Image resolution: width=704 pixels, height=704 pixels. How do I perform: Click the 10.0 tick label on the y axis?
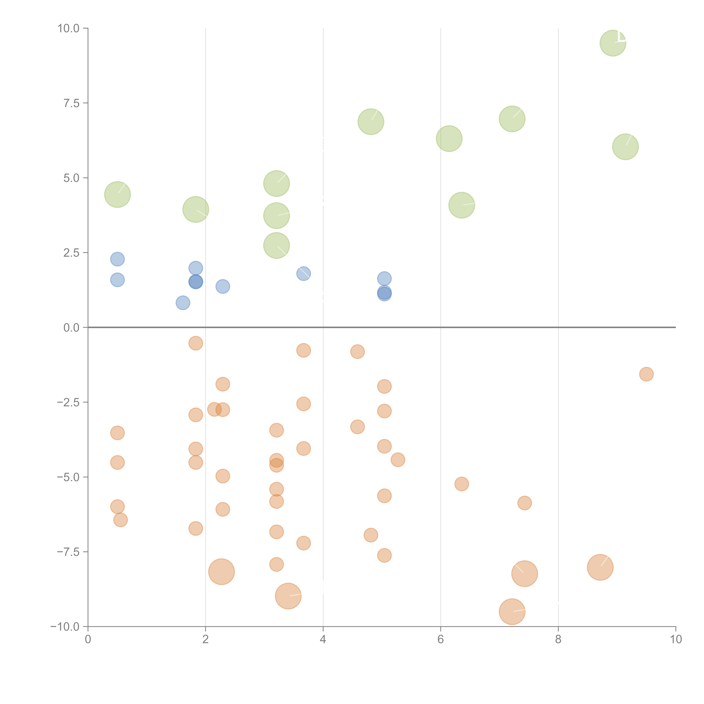[69, 28]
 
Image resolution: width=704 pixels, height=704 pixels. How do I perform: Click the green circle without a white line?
[449, 138]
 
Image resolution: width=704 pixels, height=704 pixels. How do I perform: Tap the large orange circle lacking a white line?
[221, 571]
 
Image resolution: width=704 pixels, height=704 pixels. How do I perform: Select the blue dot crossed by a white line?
[304, 273]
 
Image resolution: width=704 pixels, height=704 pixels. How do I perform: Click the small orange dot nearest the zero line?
[196, 343]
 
